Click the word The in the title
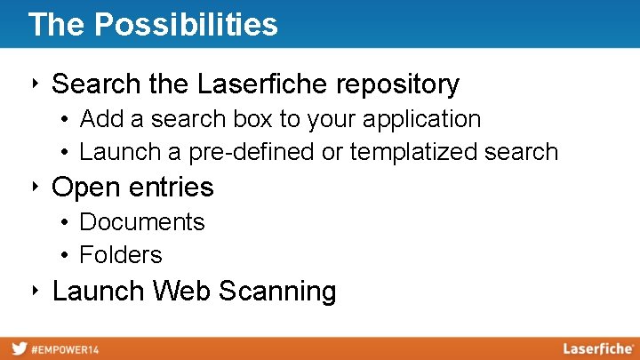tap(57, 25)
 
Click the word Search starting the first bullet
tap(93, 84)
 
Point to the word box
tap(255, 119)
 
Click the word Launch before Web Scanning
tap(99, 291)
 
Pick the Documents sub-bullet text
tap(142, 221)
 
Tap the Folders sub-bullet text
tap(121, 254)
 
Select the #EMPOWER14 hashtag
tap(66, 349)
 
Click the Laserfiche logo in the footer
tap(597, 348)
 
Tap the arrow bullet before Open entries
tap(33, 187)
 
